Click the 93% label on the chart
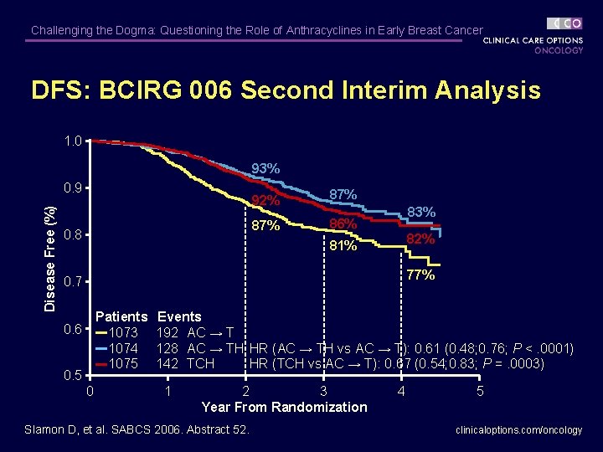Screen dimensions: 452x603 click(x=265, y=169)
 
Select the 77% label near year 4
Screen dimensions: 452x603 click(x=420, y=275)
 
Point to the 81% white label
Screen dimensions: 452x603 click(x=343, y=246)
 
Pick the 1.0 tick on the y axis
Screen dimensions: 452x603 click(x=73, y=141)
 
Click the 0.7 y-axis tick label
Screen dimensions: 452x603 click(x=73, y=281)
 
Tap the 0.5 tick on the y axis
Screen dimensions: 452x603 click(x=73, y=375)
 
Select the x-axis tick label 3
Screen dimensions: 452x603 click(x=323, y=391)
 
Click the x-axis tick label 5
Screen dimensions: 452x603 click(x=480, y=391)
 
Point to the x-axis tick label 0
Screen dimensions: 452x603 click(x=90, y=391)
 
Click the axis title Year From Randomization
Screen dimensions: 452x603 click(x=284, y=407)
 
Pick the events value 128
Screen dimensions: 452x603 click(x=168, y=348)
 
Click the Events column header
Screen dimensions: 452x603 click(x=179, y=316)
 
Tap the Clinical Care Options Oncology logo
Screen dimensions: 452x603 click(x=533, y=36)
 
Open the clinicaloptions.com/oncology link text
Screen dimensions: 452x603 click(x=518, y=430)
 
